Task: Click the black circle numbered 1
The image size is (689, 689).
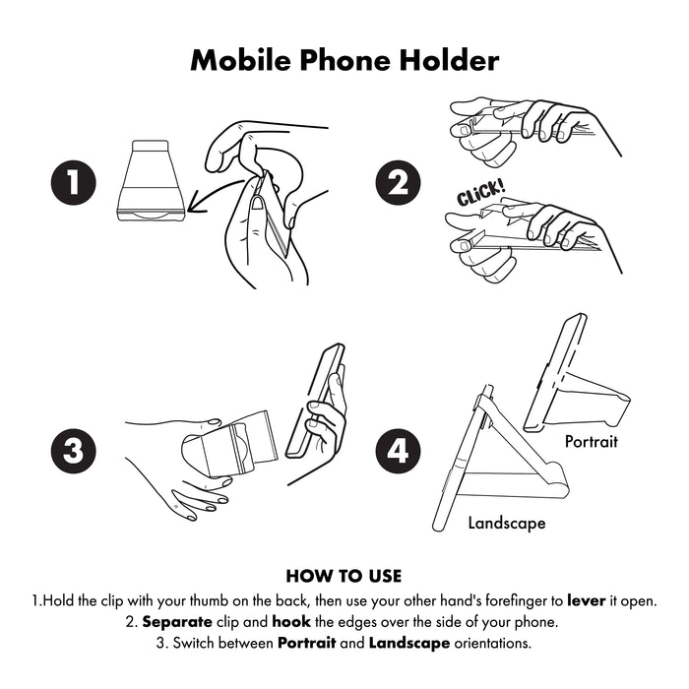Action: [x=74, y=182]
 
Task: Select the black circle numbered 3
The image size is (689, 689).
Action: [x=74, y=452]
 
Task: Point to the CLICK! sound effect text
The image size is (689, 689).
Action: [x=480, y=193]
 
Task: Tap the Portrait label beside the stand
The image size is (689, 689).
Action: [x=591, y=441]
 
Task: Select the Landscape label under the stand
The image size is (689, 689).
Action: [x=506, y=524]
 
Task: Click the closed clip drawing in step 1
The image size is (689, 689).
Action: [x=150, y=181]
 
